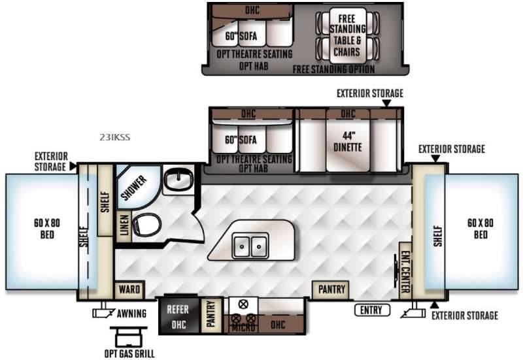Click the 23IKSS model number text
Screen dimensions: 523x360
point(115,137)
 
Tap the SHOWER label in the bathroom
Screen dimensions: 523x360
point(134,188)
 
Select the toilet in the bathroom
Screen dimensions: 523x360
point(146,224)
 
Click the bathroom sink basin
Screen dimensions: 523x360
point(179,178)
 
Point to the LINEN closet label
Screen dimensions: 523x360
point(124,225)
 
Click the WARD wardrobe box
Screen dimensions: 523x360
point(129,289)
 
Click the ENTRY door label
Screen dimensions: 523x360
point(371,310)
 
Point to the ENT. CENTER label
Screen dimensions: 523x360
point(405,272)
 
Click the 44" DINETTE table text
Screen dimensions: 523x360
point(348,142)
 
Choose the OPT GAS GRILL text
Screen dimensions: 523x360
point(129,353)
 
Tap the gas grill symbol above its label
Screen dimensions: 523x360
point(129,336)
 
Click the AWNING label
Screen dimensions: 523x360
point(132,314)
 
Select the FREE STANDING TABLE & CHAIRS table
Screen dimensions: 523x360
point(347,35)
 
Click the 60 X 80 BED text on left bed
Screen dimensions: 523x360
point(47,229)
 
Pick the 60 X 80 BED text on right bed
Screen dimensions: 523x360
point(481,229)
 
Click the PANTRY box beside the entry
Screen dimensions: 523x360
point(331,289)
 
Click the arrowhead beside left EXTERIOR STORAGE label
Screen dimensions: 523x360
point(73,166)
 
